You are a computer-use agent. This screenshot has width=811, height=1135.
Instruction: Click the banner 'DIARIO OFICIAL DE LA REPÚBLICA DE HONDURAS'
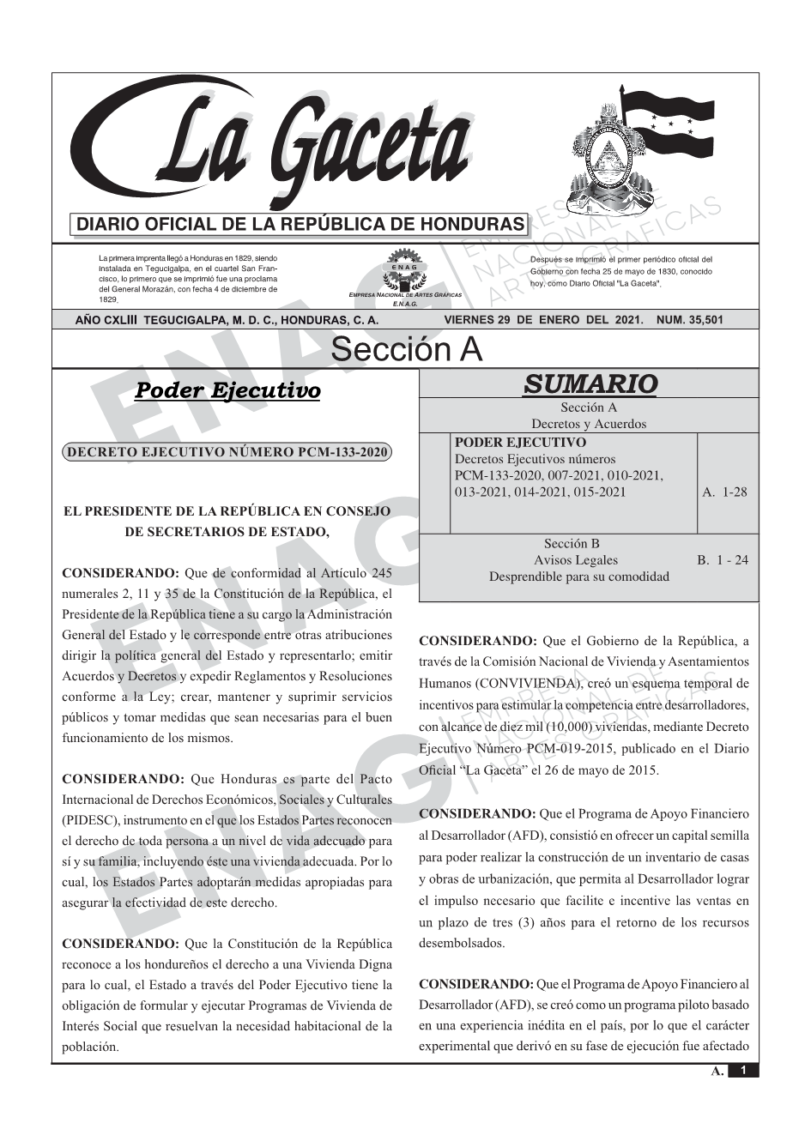300,225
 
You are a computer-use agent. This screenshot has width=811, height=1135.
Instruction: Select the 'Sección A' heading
406,350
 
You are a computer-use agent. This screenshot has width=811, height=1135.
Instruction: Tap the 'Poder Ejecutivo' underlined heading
228,391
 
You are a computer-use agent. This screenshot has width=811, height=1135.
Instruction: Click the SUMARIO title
590,383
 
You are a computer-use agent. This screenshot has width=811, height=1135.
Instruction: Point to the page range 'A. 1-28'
724,492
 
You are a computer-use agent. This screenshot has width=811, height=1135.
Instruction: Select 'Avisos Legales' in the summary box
575,560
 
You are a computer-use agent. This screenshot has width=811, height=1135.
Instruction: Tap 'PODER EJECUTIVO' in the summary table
520,443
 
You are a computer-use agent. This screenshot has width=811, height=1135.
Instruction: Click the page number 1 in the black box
743,1071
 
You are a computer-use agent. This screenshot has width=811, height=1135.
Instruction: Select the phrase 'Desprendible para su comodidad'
578,577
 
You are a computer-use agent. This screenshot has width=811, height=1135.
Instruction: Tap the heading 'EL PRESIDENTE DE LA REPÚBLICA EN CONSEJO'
227,511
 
